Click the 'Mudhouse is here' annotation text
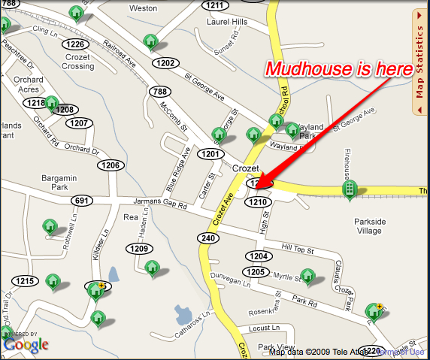339,69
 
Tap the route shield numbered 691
82,201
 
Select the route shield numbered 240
208,237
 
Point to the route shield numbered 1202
167,63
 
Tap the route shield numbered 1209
139,248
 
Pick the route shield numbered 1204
257,256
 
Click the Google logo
26,344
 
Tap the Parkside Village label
370,226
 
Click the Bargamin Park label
59,183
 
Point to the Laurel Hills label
227,23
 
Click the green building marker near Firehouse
349,190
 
